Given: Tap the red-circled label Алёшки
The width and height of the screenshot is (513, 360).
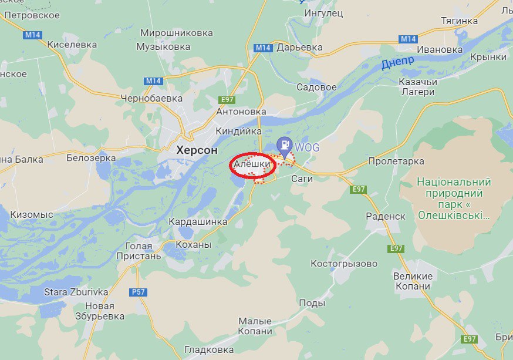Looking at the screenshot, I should coord(252,165).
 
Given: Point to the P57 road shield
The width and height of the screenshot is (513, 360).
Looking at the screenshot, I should coord(138,292).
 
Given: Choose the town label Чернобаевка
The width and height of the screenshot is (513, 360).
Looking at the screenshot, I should coord(151,98).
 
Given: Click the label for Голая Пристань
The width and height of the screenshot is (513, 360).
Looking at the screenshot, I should coord(139,251).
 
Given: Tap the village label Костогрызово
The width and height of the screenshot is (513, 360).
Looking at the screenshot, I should coord(344,264).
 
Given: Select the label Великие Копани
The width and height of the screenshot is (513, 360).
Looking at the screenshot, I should coord(413,281).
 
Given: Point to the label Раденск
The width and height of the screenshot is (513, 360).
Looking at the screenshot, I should coord(386,216).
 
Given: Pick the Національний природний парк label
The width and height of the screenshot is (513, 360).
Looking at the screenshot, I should coord(454,198).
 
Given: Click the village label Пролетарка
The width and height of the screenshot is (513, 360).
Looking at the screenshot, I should coord(396,161).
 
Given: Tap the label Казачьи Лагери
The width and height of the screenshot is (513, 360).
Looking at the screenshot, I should coord(417,87).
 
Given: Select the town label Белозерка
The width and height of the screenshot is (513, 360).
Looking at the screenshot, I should coord(91,157).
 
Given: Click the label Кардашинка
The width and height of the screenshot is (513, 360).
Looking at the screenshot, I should coord(198,222).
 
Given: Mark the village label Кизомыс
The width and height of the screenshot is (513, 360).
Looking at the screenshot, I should coord(32,215).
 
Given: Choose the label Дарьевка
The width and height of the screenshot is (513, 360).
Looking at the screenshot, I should coord(300,47).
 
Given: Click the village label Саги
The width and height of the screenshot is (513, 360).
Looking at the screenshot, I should coord(302,179).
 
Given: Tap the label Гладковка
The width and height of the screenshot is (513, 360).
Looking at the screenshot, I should coord(209,350).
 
